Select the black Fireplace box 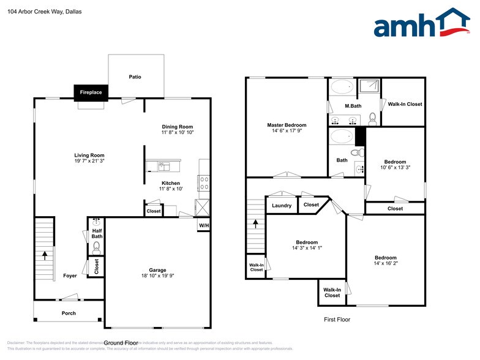(91, 92)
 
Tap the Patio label (135, 77)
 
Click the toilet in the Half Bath (96, 248)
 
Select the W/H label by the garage (203, 225)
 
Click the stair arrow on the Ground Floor (44, 255)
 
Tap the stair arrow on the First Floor (255, 223)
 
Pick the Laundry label (282, 206)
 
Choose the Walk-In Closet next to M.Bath (405, 104)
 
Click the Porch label (69, 313)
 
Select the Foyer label (70, 276)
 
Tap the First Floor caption (337, 320)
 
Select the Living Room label (89, 156)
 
